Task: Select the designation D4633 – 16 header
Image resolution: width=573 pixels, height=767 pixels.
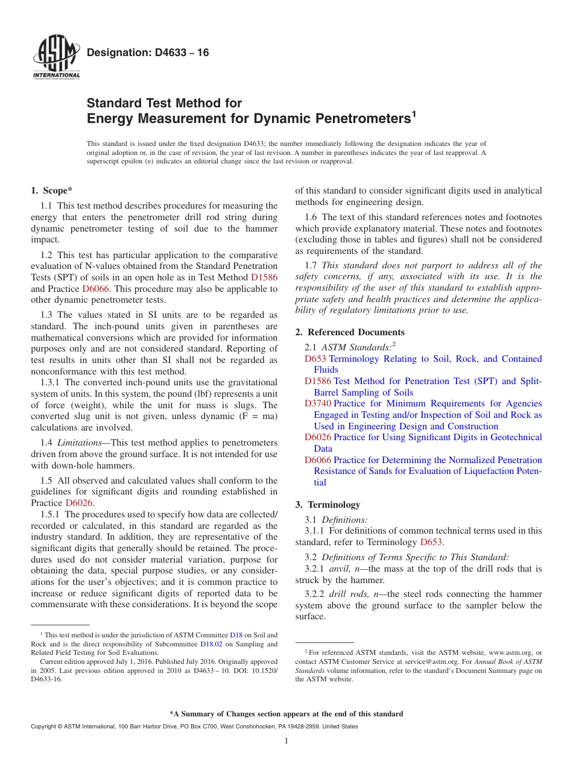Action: click(148, 53)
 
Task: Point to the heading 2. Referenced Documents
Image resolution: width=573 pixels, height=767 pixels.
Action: click(350, 332)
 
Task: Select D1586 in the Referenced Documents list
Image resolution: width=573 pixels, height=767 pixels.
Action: click(317, 381)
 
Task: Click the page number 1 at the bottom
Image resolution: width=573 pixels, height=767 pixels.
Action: click(286, 741)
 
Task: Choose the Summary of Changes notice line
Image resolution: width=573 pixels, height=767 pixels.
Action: click(286, 714)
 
